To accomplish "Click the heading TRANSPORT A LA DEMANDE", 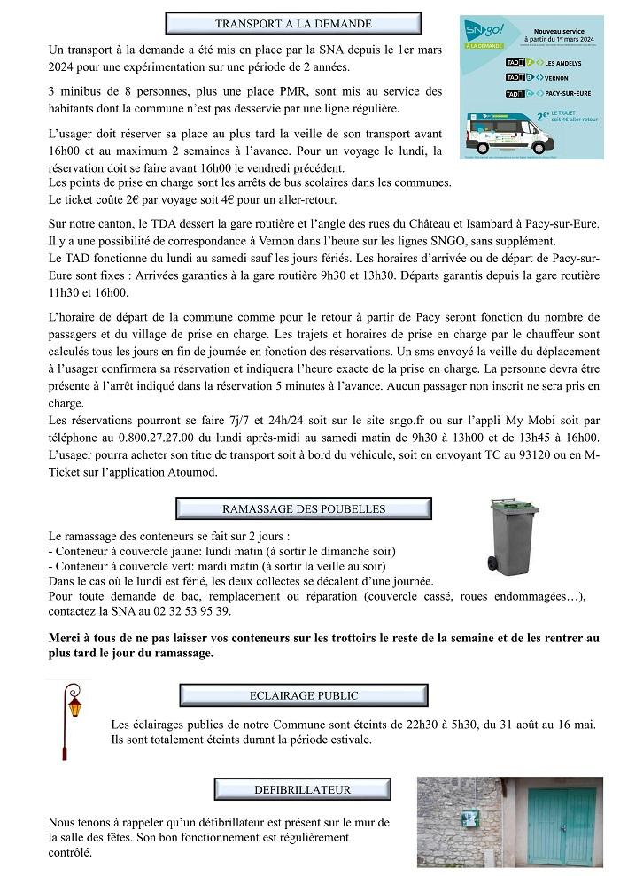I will click(x=293, y=24).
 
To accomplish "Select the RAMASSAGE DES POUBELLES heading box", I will click(x=304, y=509).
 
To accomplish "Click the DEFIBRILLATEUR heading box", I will click(x=302, y=789).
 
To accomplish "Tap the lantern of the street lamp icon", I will click(x=75, y=706).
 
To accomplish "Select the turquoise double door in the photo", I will click(x=562, y=826).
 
